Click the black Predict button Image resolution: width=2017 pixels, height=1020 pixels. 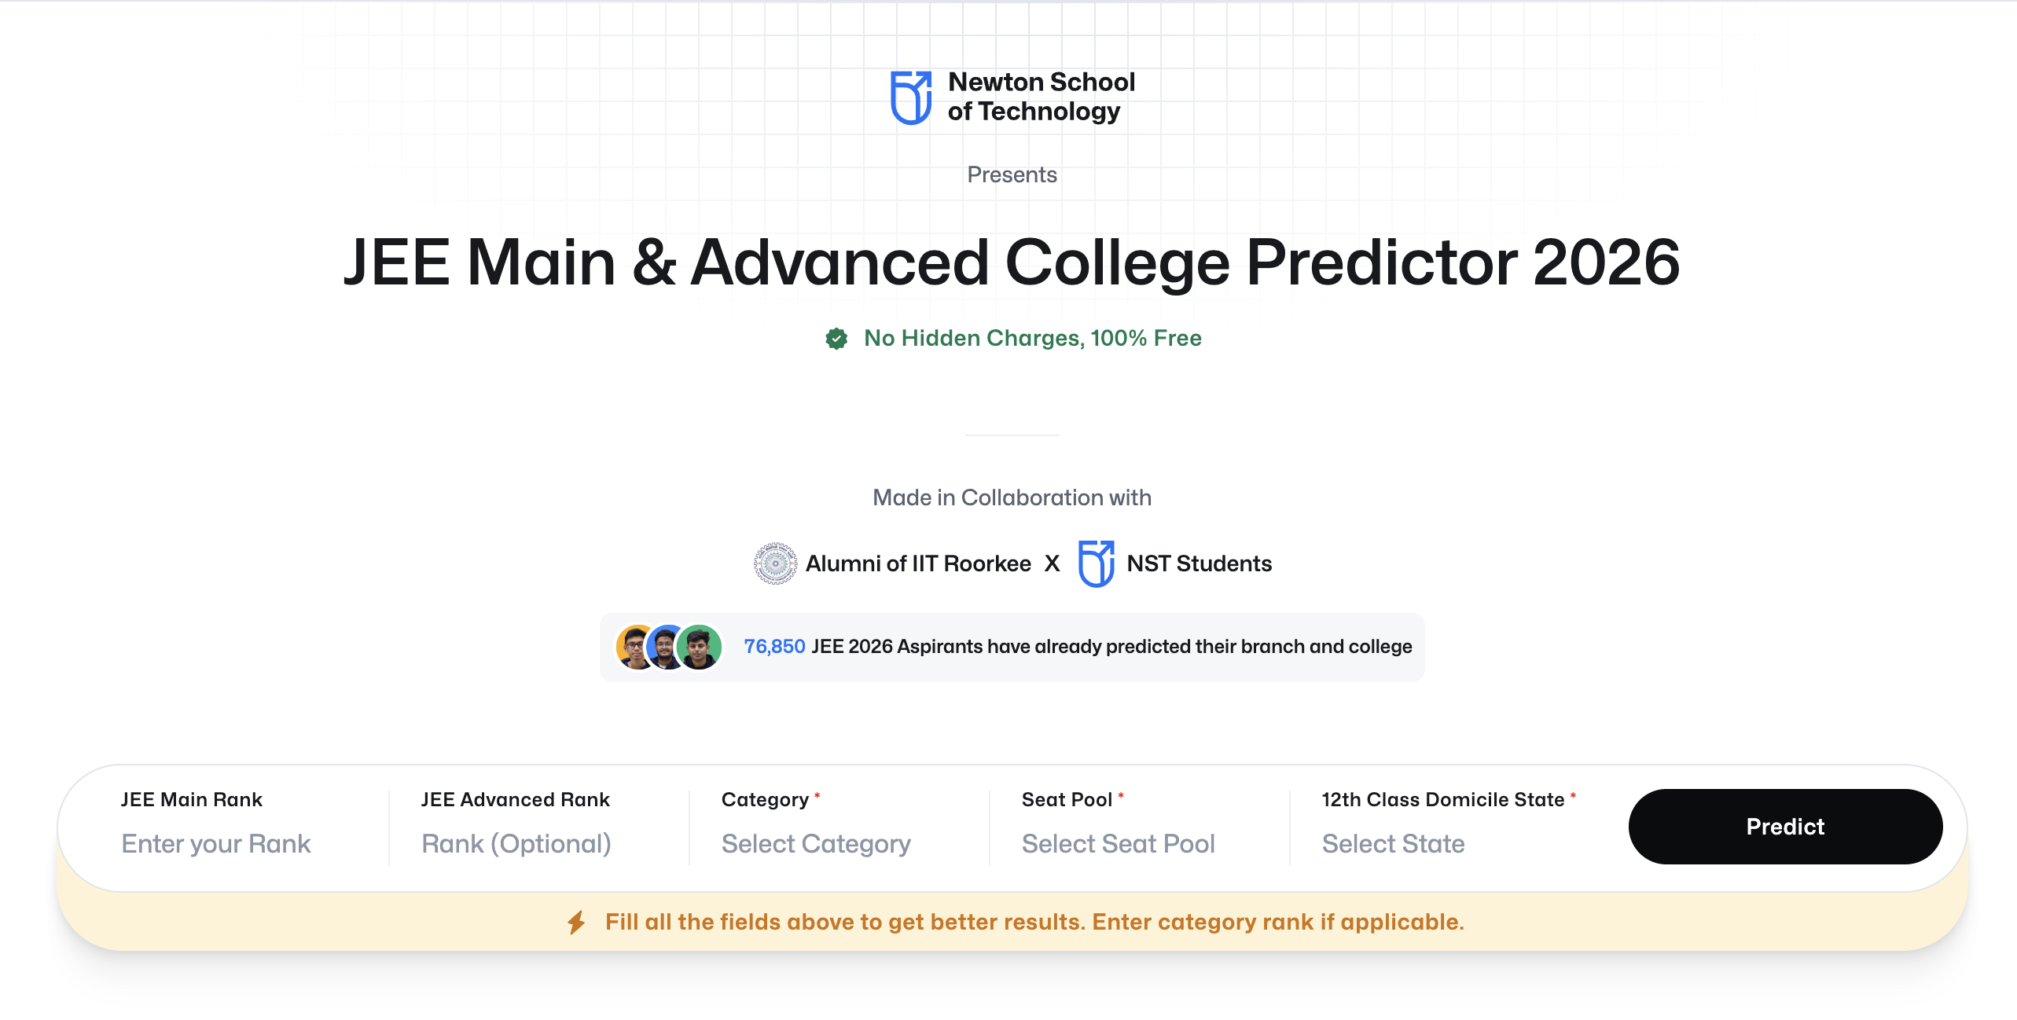1784,827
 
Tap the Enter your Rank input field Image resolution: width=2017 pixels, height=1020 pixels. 216,844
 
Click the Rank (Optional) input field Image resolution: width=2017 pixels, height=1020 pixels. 516,844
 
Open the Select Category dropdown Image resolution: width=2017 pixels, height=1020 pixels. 816,844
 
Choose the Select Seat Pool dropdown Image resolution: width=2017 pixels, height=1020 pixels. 1118,844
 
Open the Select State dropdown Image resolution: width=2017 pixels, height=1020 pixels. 1393,844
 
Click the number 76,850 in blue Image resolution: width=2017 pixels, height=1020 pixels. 774,647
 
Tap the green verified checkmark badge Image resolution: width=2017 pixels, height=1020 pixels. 836,339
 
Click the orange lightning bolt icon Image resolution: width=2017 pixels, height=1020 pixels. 577,922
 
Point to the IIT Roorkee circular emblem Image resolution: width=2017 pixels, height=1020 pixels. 775,563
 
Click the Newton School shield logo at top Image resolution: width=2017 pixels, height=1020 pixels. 911,97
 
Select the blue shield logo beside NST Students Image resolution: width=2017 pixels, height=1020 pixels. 1096,563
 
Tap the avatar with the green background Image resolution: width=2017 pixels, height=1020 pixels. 700,648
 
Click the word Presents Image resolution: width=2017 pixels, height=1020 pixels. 1012,174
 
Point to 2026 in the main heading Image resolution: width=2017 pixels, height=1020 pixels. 1606,262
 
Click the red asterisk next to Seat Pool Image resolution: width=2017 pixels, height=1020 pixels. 1121,796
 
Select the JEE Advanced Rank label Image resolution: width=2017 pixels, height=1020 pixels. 515,799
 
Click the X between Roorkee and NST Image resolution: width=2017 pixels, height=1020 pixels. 1052,563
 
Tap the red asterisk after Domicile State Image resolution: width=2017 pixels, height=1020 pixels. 1573,796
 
